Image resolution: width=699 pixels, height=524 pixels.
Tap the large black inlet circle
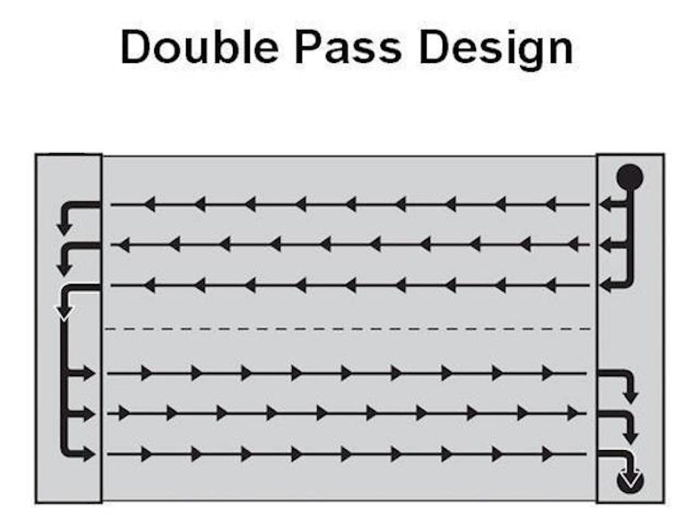(x=630, y=176)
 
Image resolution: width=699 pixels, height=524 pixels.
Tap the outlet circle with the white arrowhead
(x=630, y=481)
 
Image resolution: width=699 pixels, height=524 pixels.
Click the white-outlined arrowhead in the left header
(x=64, y=313)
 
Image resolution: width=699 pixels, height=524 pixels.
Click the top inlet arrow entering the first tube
(x=610, y=204)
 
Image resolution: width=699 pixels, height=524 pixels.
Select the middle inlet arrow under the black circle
(x=610, y=245)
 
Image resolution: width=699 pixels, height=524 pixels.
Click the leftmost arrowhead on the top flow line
(x=149, y=204)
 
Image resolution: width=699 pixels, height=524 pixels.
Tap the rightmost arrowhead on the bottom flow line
(x=547, y=454)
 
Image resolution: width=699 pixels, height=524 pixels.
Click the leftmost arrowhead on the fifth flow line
(x=122, y=413)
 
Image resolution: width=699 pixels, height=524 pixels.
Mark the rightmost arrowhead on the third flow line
(x=549, y=285)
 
